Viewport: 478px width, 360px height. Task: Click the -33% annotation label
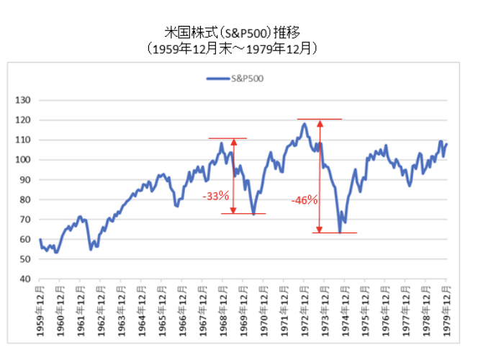point(215,195)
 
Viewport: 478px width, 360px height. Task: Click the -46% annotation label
point(305,200)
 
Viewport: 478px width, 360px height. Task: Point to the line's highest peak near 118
point(304,124)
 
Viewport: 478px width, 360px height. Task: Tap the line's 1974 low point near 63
point(339,232)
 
